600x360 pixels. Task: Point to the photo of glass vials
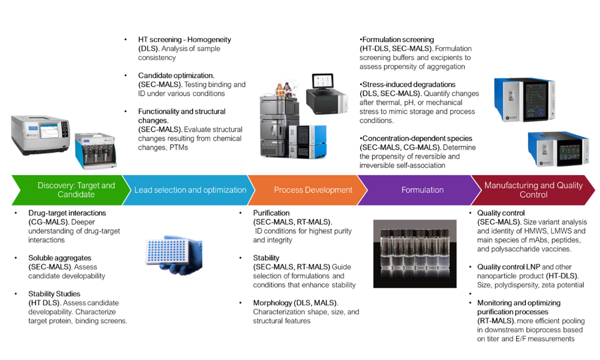[x=415, y=253]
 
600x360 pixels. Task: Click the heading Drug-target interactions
[x=67, y=213]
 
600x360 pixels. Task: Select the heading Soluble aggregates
[x=60, y=258]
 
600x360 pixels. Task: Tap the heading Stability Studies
[x=54, y=294]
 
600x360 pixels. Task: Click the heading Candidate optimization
[x=176, y=76]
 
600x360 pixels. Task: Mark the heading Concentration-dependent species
[x=417, y=138]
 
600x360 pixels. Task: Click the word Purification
[x=271, y=213]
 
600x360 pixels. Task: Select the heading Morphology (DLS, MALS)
[x=295, y=303]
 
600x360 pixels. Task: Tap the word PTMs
[x=179, y=147]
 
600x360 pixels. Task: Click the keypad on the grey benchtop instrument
[x=64, y=129]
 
